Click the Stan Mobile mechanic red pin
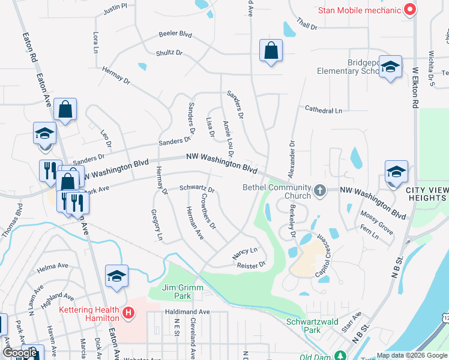(x=411, y=10)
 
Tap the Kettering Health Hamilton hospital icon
(x=128, y=313)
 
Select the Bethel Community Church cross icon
(x=321, y=191)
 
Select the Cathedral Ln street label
(x=323, y=110)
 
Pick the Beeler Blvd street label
(x=175, y=34)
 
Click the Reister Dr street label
(x=251, y=265)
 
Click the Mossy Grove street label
(x=376, y=222)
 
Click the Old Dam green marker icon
(x=340, y=356)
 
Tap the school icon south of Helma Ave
(x=117, y=276)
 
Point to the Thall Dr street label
(x=306, y=26)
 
